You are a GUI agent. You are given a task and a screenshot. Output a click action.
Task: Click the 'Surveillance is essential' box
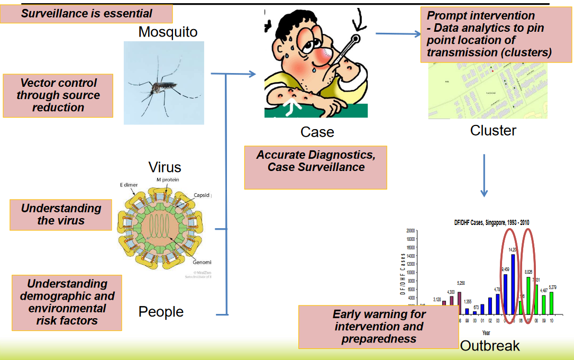86,14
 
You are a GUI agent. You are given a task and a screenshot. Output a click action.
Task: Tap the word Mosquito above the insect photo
168,32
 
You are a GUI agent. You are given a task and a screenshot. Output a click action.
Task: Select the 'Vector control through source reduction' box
58,95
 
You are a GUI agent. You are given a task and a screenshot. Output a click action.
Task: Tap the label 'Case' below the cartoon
317,132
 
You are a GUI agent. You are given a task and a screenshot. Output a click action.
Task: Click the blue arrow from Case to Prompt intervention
397,33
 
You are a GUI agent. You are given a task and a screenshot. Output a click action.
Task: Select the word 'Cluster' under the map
493,130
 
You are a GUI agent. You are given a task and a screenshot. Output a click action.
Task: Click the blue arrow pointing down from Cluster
484,175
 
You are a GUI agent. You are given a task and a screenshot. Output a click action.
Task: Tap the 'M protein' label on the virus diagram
168,180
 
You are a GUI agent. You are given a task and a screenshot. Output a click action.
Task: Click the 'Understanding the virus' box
61,214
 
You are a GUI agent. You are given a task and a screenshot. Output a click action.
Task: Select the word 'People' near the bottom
161,312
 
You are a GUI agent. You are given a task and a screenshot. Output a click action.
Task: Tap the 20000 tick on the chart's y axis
411,231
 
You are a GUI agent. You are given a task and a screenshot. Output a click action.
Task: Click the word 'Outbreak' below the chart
490,346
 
